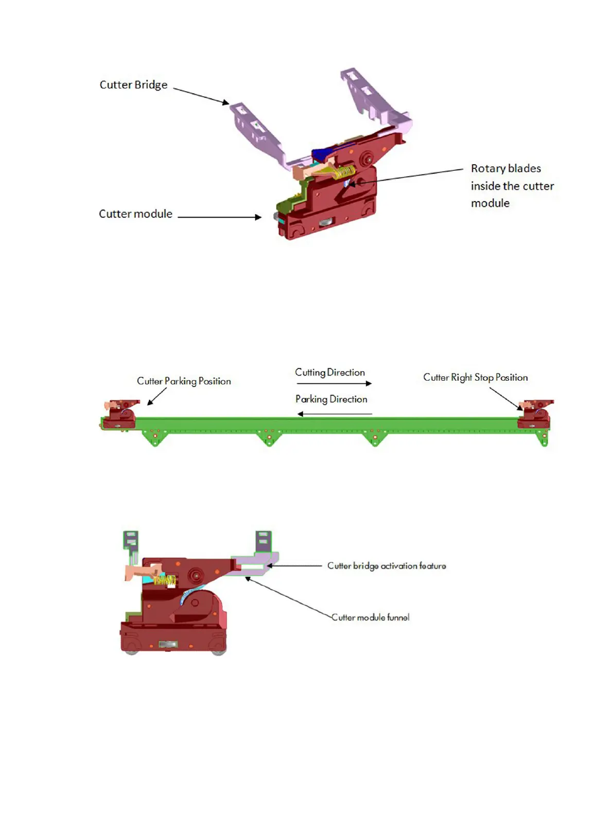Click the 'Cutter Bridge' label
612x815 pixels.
tap(133, 85)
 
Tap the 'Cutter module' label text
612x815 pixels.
tap(135, 214)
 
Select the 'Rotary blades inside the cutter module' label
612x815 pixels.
tap(512, 186)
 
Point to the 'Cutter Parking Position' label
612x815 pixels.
tap(184, 381)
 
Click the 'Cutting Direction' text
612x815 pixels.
tap(330, 373)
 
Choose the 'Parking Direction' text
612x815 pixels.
tap(331, 399)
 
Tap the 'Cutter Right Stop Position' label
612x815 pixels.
tap(475, 378)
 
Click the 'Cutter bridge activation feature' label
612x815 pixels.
tap(387, 566)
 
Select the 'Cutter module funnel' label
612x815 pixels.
tap(371, 617)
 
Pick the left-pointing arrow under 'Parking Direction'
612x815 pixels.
tap(335, 414)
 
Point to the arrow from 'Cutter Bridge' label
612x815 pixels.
tap(201, 96)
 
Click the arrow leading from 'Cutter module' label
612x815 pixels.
tap(219, 217)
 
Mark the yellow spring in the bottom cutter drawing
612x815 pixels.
tap(165, 581)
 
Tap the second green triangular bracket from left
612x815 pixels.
tap(269, 439)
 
